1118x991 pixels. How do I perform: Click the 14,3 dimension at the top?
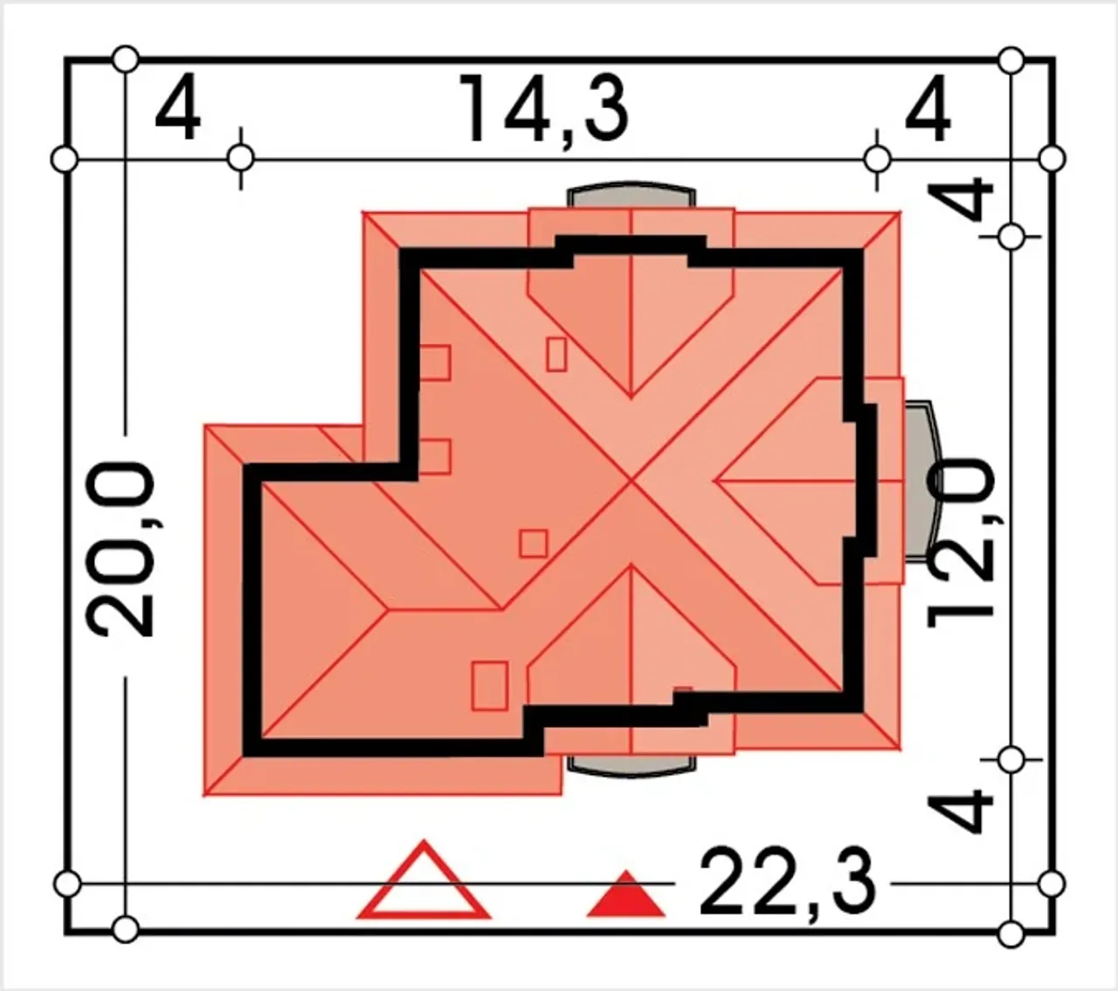[543, 109]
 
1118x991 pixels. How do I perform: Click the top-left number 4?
[178, 109]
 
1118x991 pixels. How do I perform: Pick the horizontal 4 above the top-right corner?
[928, 109]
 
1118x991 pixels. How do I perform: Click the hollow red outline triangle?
[424, 883]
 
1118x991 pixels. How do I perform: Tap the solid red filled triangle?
[625, 897]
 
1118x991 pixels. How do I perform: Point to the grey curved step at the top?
[631, 194]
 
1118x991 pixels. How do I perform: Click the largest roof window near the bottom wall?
[489, 686]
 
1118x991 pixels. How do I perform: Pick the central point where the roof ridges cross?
[631, 481]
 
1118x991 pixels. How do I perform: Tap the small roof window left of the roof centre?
[533, 544]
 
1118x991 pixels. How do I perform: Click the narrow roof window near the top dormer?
[556, 354]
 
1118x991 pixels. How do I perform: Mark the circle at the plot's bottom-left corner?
[126, 930]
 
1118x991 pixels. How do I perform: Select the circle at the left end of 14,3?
[240, 159]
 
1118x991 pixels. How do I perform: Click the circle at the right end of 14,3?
[876, 159]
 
